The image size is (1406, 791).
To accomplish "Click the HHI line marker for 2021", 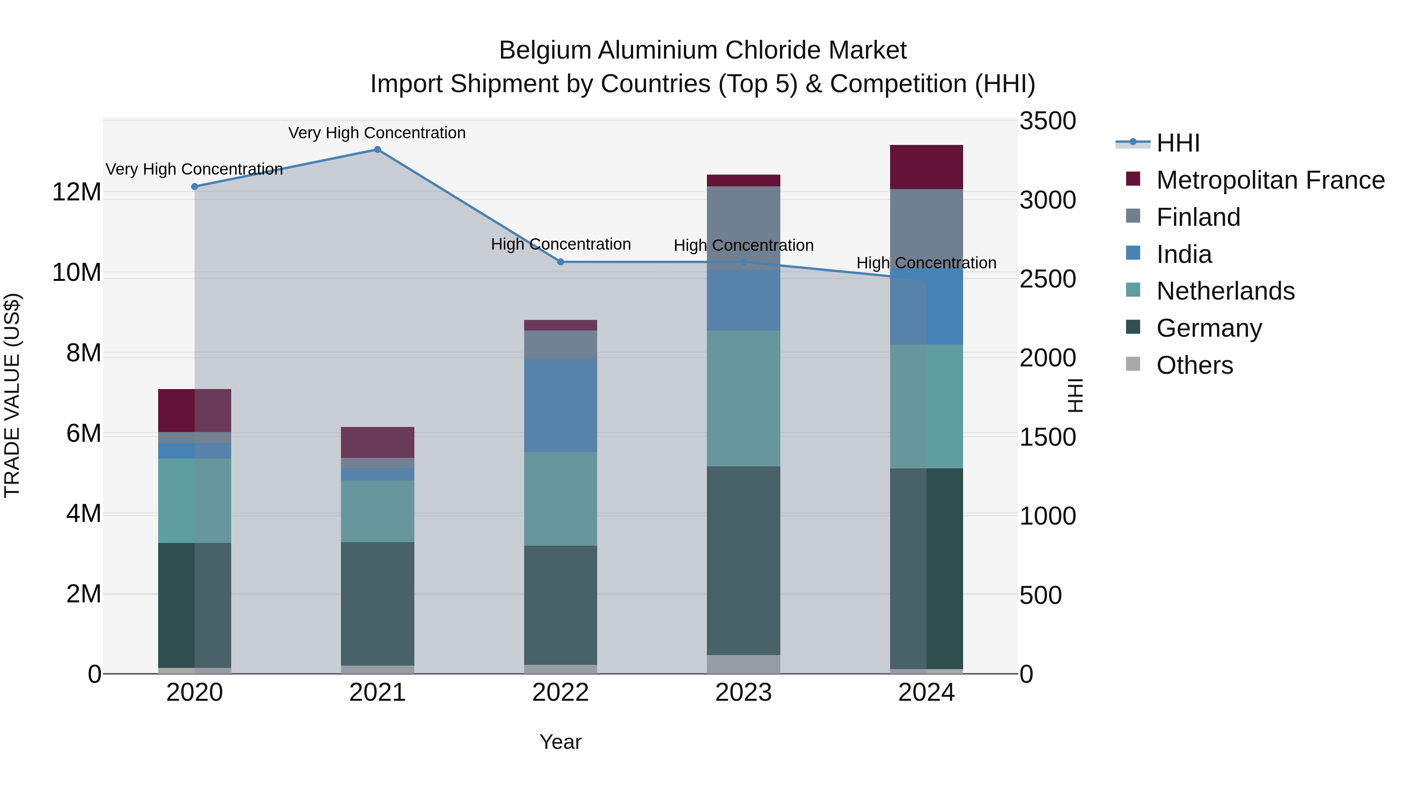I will pyautogui.click(x=377, y=150).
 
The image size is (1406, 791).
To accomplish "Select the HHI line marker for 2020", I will pyautogui.click(x=195, y=187).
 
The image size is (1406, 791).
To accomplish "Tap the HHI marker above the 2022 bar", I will pyautogui.click(x=560, y=262).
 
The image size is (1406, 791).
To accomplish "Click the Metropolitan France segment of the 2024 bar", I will pyautogui.click(x=926, y=167).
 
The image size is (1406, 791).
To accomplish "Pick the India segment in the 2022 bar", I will pyautogui.click(x=560, y=405).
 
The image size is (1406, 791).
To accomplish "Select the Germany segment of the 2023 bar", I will pyautogui.click(x=743, y=560).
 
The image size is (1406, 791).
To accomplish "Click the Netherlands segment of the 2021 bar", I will pyautogui.click(x=377, y=511).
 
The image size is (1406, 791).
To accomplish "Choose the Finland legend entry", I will pyautogui.click(x=1198, y=217).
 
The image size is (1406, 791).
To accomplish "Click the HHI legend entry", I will pyautogui.click(x=1178, y=143).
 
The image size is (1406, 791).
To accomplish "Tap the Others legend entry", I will pyautogui.click(x=1194, y=365).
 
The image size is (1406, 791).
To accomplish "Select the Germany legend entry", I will pyautogui.click(x=1208, y=328).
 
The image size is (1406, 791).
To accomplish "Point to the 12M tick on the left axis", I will pyautogui.click(x=77, y=192).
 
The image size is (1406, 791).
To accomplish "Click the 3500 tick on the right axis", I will pyautogui.click(x=1047, y=121).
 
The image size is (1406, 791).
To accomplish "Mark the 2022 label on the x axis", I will pyautogui.click(x=560, y=693).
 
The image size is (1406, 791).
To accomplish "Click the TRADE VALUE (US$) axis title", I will pyautogui.click(x=12, y=395).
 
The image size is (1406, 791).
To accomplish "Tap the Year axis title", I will pyautogui.click(x=560, y=742).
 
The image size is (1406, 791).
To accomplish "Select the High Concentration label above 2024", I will pyautogui.click(x=926, y=262).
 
